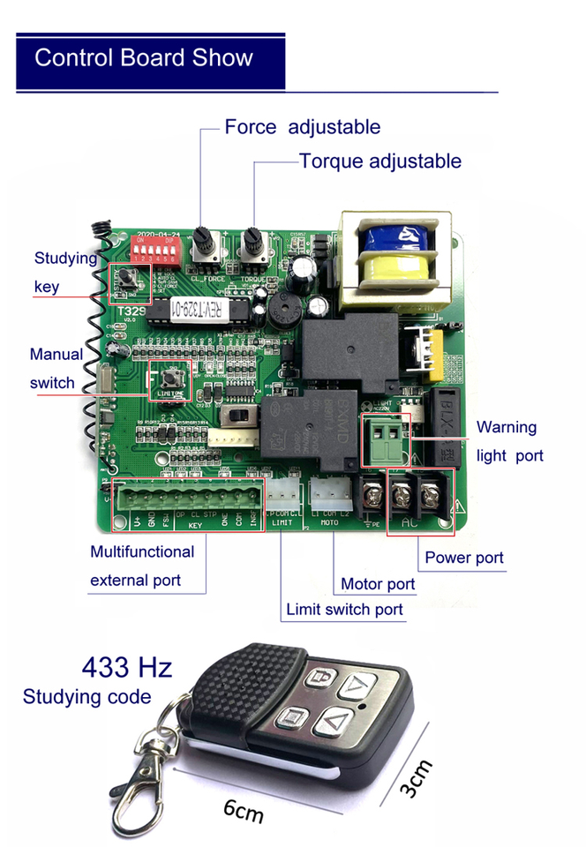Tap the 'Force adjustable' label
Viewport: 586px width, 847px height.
(302, 127)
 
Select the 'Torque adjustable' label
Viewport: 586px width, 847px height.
(379, 161)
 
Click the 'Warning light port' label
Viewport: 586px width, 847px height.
(509, 441)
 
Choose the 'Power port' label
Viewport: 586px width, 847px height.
(464, 558)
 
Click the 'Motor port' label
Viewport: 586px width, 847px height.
(378, 584)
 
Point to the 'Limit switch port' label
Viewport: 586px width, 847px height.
(344, 610)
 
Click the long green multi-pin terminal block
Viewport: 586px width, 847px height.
(188, 509)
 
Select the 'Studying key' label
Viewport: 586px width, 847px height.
(65, 272)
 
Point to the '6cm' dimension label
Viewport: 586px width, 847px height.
(243, 809)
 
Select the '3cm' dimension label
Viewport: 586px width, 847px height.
(416, 779)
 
